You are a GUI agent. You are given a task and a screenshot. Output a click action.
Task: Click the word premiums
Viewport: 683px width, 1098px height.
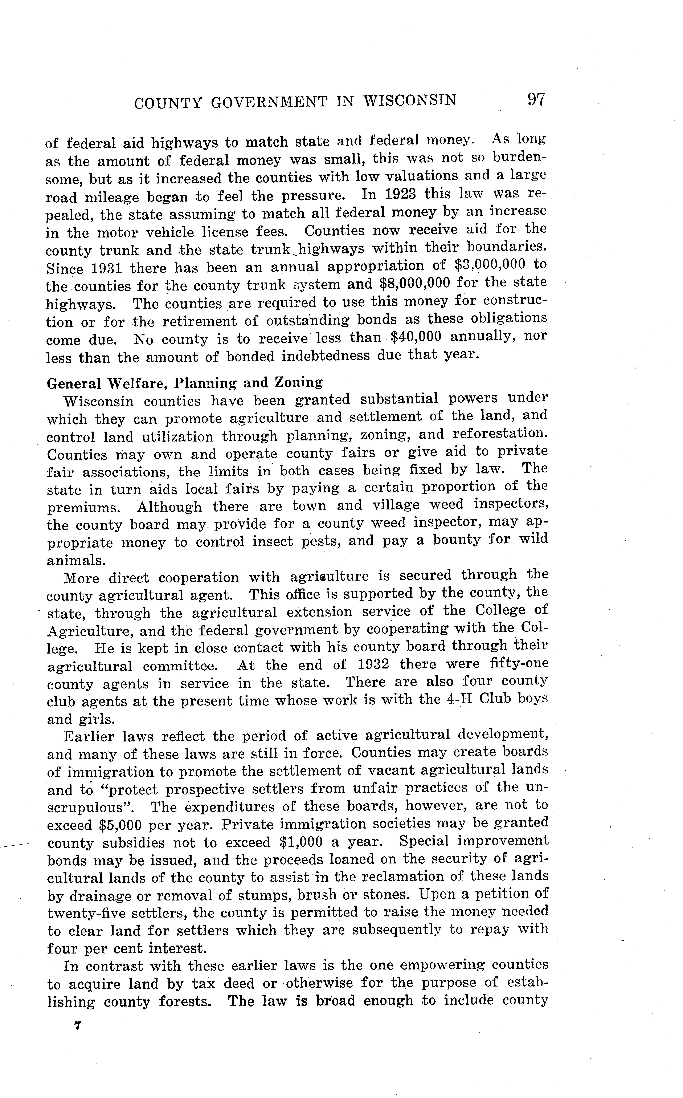83,508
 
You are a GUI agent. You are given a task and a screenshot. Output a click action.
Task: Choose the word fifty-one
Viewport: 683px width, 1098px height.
519,664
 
